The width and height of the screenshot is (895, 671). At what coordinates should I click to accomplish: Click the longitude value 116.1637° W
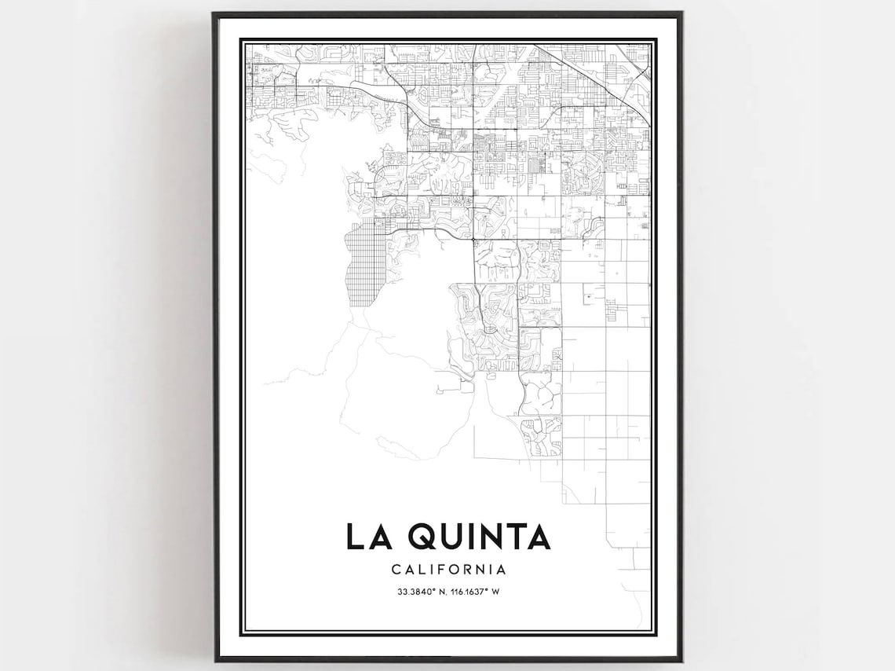click(x=474, y=591)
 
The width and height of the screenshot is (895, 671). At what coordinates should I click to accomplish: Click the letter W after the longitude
click(x=495, y=591)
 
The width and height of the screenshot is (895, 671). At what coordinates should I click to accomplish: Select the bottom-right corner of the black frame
click(x=681, y=659)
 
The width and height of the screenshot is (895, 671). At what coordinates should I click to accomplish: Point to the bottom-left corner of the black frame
click(x=214, y=659)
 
